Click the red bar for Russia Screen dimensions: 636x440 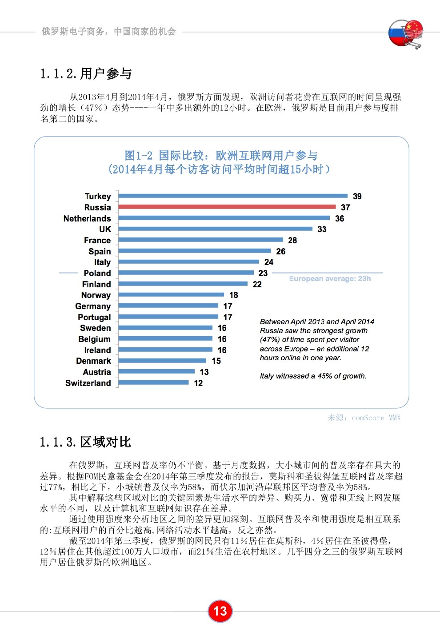tap(227, 207)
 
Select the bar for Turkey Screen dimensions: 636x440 tap(232, 196)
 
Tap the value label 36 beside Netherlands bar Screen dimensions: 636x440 tap(340, 218)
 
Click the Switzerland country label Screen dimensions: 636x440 tap(88, 383)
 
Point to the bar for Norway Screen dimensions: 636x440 tap(171, 294)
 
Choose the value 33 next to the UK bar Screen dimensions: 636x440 tap(322, 229)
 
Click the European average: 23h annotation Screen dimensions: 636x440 tap(329, 278)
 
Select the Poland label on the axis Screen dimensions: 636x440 tap(97, 273)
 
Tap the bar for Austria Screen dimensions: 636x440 tap(156, 371)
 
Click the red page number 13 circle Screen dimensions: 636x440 tap(220, 611)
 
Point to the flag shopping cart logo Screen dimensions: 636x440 tap(405, 33)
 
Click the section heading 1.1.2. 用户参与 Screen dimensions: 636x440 tap(86, 73)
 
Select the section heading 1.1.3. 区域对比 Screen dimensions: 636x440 tap(85, 442)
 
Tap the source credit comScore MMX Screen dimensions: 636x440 tap(364, 418)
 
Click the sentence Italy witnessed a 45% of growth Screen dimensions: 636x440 tap(313, 376)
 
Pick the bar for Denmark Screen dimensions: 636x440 tap(162, 361)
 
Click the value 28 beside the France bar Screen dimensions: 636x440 tap(292, 240)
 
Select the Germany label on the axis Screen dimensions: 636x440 tap(93, 306)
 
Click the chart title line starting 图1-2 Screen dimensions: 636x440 tap(221, 155)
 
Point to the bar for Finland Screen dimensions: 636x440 tap(183, 284)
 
